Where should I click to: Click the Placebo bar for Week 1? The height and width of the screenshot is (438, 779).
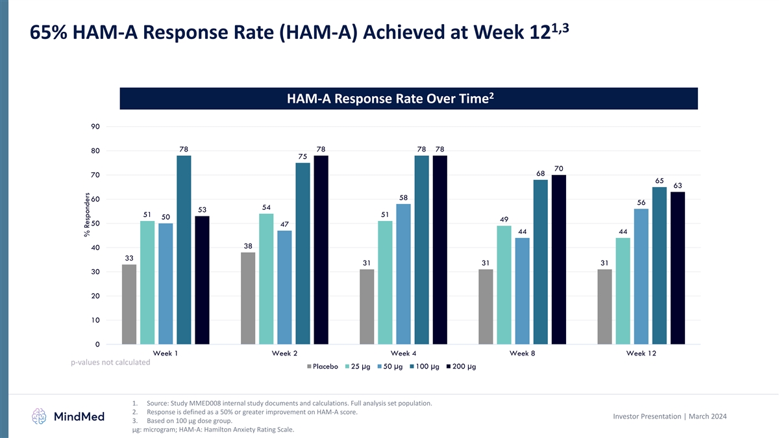coord(129,304)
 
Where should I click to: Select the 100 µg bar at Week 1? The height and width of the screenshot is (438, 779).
coord(184,250)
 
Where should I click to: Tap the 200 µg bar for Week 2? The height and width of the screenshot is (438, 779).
coord(321,250)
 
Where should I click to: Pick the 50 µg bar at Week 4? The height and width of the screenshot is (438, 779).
coord(403,274)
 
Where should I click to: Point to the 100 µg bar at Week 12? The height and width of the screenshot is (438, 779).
coord(660,265)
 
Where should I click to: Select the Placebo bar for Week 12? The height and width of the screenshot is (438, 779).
coord(605,307)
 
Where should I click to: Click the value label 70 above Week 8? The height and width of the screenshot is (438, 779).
coord(559,168)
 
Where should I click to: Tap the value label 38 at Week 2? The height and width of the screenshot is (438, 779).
coord(248,246)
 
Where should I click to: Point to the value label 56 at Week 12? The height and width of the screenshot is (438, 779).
coord(641,202)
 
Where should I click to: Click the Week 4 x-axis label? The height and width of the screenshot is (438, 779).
coord(403,353)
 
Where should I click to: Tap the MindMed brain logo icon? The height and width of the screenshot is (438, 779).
coord(40,416)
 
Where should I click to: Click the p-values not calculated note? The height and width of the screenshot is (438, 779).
coord(110,363)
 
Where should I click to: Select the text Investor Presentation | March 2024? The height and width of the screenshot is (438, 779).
coord(687,416)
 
